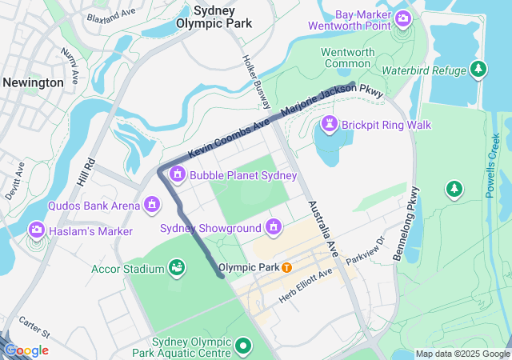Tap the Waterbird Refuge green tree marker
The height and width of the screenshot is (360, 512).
479,69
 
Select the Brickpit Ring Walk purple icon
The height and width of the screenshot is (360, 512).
329,125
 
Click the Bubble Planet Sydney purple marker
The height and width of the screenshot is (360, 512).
177,174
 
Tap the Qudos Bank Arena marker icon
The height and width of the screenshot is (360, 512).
150,206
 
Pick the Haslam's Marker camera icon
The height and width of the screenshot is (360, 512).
36,230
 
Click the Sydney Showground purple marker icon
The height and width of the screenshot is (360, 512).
274,228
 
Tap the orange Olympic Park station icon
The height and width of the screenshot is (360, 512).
286,266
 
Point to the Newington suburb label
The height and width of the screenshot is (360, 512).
33,82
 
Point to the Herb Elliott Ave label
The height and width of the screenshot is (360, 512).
305,286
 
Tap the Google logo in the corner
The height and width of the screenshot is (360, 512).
26,350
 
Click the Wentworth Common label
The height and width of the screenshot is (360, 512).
347,58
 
